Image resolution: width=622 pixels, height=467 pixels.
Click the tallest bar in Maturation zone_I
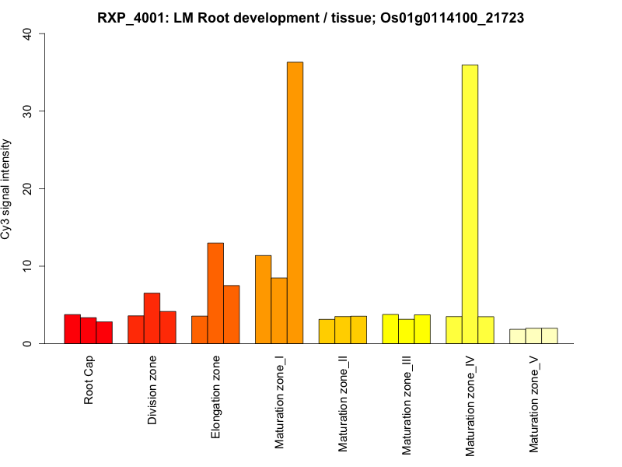click(295, 202)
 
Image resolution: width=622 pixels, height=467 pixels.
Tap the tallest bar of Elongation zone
click(215, 293)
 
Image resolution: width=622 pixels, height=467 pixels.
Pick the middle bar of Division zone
click(152, 318)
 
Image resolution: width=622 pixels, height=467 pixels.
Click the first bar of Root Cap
click(72, 329)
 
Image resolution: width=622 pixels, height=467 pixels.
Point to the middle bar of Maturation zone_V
click(533, 335)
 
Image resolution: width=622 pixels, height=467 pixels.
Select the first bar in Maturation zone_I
click(263, 300)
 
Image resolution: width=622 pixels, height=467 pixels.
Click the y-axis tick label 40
click(27, 33)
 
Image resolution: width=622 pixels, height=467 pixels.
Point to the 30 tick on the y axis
click(27, 111)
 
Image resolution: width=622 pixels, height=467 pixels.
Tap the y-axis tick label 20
click(27, 188)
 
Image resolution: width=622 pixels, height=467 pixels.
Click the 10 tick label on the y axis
click(27, 266)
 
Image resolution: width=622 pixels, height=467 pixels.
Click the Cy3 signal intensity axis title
click(6, 188)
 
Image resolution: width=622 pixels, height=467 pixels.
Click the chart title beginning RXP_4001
click(311, 17)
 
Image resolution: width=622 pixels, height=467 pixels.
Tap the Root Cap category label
click(89, 381)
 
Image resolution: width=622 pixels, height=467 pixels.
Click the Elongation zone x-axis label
click(215, 396)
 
